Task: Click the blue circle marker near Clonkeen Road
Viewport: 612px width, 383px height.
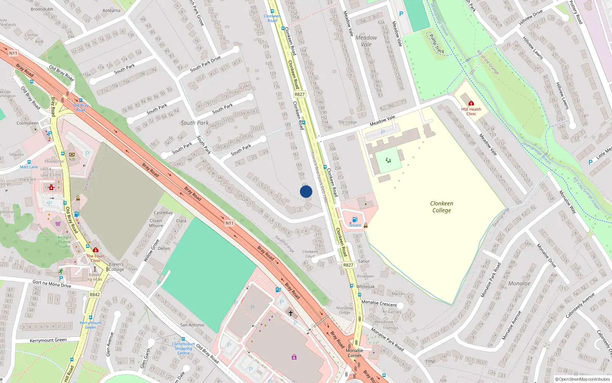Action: (306, 191)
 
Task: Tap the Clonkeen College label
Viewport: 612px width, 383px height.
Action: (441, 207)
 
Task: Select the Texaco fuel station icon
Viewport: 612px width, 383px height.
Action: (355, 219)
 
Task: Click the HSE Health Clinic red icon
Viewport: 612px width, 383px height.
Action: (471, 103)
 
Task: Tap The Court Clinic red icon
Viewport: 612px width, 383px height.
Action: (96, 250)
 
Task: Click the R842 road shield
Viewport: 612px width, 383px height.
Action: (94, 295)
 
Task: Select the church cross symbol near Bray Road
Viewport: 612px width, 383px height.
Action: (291, 313)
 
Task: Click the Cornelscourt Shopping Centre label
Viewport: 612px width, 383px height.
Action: (183, 349)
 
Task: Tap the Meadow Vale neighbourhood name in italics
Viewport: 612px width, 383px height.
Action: (366, 41)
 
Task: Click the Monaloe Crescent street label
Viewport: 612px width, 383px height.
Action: (379, 303)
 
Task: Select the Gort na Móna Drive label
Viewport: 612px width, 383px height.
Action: (52, 284)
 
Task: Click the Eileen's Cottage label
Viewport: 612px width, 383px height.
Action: (116, 267)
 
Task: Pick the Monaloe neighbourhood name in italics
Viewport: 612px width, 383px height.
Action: (519, 283)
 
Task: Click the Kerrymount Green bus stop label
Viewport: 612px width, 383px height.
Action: (91, 325)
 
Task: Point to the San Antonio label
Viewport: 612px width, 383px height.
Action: (192, 325)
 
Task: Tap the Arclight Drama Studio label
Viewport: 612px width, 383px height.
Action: (64, 242)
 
